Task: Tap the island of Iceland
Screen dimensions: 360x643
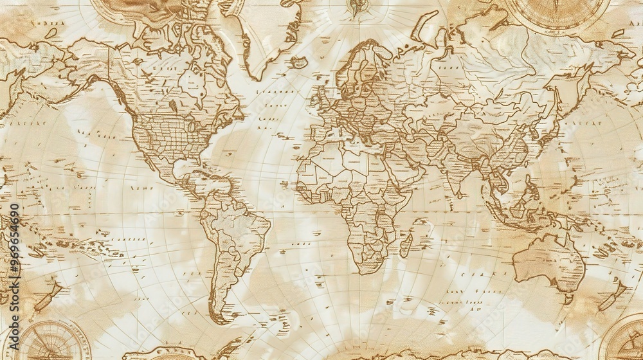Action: click(298, 62)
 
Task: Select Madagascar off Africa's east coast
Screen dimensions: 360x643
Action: click(406, 245)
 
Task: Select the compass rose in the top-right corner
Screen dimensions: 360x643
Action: click(556, 13)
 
